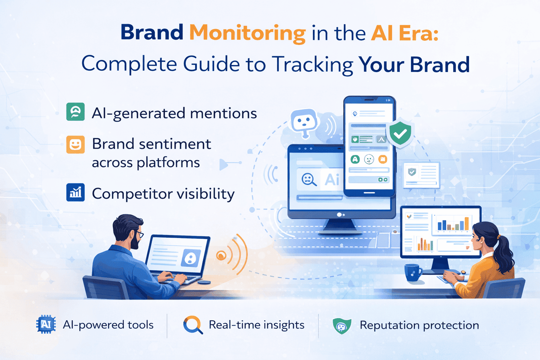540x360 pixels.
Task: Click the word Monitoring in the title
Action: [x=247, y=33]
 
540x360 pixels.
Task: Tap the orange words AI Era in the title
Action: [x=404, y=33]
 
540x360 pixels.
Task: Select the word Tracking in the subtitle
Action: [x=312, y=64]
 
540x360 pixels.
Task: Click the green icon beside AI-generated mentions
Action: [x=75, y=112]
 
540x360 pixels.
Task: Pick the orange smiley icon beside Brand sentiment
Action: [x=75, y=144]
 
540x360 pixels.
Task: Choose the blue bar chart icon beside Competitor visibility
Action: [x=75, y=192]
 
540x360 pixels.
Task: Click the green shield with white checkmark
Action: [x=400, y=133]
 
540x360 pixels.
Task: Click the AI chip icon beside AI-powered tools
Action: [x=46, y=324]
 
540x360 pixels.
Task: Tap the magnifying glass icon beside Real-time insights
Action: [x=192, y=324]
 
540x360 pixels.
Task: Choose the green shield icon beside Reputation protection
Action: [x=342, y=326]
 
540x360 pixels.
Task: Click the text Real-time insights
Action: [x=256, y=325]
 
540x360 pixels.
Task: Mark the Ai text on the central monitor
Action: [x=332, y=180]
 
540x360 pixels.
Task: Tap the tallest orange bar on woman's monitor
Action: [x=467, y=224]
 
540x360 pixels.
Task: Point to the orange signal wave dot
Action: [x=221, y=256]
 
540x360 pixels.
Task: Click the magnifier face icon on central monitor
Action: [x=309, y=180]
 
